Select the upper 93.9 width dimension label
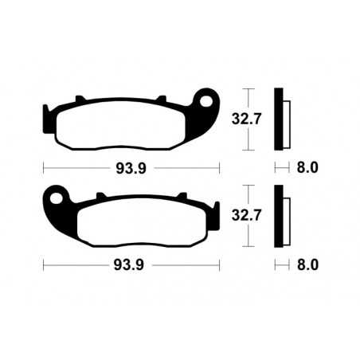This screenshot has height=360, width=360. click(x=131, y=168)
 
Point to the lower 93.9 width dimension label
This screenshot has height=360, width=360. click(x=131, y=264)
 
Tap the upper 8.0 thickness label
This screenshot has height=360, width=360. click(x=307, y=168)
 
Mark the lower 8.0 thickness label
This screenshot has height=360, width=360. click(x=307, y=264)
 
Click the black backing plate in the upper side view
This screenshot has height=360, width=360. click(x=278, y=119)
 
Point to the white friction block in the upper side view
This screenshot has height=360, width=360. click(x=286, y=124)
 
